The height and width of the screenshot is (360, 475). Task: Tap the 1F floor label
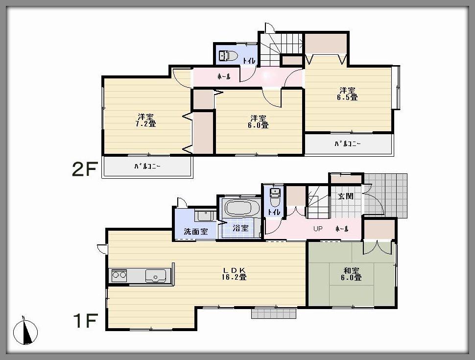pos(85,321)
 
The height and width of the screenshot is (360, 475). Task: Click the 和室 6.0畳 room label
pos(352,273)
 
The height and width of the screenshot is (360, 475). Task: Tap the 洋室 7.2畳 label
pos(146,120)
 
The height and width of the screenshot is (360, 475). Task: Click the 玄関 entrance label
pos(345,196)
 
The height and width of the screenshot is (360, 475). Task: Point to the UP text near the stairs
pos(318,229)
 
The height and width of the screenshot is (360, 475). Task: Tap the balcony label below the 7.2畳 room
pos(147,167)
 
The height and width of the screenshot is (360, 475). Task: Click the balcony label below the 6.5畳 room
pos(348,144)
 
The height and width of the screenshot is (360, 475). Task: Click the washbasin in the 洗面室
pos(203,215)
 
